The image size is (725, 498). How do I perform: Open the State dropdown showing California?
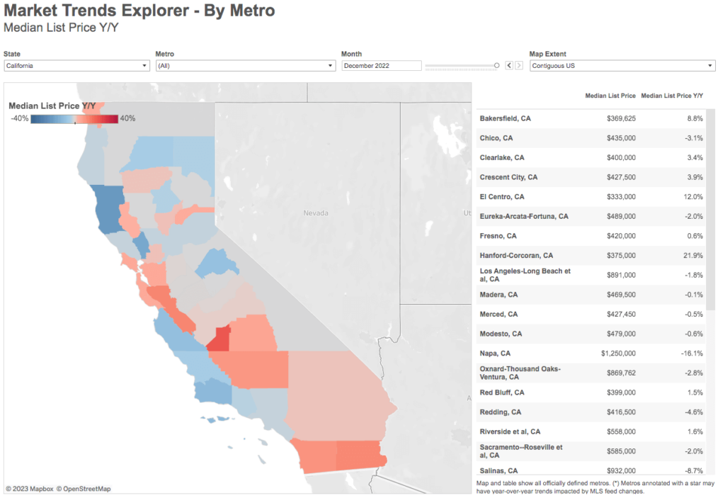(76, 66)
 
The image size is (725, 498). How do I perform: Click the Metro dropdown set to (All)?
(245, 66)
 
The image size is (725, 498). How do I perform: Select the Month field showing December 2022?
(382, 66)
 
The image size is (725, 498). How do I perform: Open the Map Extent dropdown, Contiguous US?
(622, 66)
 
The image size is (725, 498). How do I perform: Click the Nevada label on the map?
(316, 213)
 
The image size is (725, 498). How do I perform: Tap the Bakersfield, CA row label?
(505, 118)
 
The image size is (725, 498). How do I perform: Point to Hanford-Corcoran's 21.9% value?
(692, 255)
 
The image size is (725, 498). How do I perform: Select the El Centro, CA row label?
(503, 196)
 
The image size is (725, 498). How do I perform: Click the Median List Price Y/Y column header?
(672, 95)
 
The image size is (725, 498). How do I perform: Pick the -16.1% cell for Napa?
(691, 353)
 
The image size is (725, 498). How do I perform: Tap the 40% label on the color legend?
(127, 118)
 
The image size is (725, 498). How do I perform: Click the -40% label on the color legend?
(20, 118)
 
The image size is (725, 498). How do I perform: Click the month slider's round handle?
(497, 65)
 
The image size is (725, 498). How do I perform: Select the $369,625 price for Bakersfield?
(621, 118)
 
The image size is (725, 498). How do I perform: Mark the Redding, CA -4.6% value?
(694, 412)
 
